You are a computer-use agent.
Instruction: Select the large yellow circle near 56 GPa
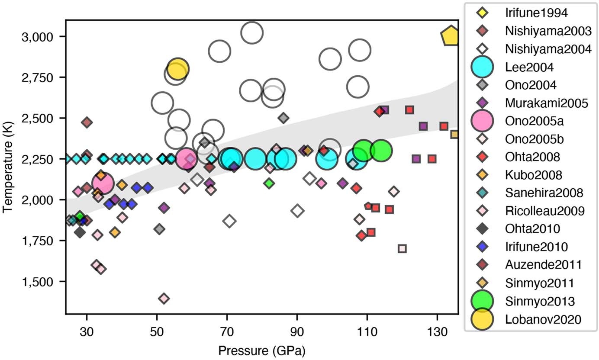click(x=177, y=69)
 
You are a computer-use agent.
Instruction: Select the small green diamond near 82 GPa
click(x=269, y=183)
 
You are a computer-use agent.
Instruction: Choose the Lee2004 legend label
click(x=529, y=67)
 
